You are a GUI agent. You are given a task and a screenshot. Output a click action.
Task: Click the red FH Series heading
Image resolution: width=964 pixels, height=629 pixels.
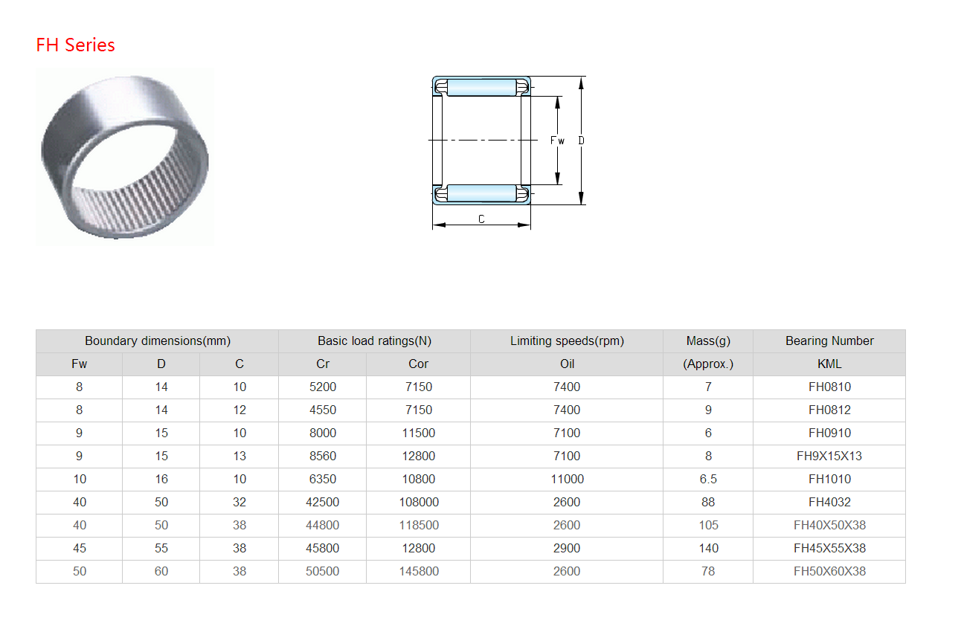point(75,45)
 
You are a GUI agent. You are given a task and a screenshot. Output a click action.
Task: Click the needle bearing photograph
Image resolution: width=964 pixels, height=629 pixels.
point(124,157)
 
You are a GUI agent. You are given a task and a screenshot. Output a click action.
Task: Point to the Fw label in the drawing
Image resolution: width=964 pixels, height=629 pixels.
point(557,141)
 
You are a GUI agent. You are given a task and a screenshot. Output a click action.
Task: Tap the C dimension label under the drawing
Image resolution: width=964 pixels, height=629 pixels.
point(481,219)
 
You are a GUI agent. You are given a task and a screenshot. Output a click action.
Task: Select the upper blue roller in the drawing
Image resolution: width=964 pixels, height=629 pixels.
point(481,87)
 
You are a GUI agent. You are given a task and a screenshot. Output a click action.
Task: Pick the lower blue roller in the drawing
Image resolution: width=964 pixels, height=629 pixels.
point(481,193)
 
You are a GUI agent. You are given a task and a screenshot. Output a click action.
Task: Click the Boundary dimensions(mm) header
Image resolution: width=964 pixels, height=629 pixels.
point(158,341)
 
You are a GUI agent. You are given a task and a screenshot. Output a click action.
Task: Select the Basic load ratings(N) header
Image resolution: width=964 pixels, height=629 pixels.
point(374,341)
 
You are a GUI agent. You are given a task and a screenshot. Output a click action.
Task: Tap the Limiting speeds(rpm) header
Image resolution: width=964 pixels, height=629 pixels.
point(567,341)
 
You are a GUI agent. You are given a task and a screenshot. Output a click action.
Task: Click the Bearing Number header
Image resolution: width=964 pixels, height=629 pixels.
point(829,341)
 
